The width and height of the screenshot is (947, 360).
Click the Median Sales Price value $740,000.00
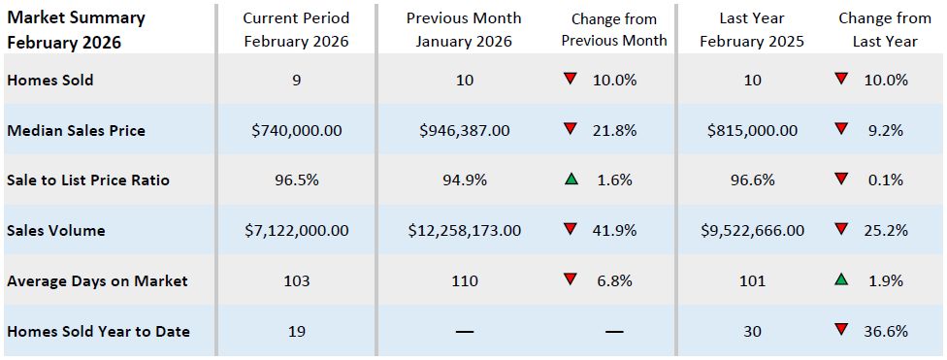(296, 130)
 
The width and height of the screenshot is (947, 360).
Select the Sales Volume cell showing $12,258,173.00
(464, 231)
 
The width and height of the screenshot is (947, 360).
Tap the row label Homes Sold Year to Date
(98, 332)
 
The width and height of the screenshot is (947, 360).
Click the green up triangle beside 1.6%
(571, 180)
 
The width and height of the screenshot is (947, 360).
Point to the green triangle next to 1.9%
(841, 280)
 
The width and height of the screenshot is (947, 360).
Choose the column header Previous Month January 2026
(464, 29)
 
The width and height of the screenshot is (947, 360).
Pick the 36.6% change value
(886, 332)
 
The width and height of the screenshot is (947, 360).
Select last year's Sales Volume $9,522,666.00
(752, 231)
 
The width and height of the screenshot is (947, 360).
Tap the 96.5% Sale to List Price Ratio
(296, 180)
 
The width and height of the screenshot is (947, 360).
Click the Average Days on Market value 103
(296, 281)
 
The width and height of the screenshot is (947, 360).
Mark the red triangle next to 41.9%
(571, 231)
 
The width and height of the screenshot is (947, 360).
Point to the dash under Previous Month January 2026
(464, 332)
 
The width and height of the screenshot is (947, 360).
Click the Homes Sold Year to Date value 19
(296, 332)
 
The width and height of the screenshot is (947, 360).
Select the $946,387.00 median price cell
(464, 130)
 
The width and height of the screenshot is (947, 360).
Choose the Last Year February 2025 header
(752, 29)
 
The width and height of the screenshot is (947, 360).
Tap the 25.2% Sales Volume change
(886, 231)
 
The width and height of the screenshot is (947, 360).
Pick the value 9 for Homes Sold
(296, 80)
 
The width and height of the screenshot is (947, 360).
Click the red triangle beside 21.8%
(571, 129)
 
